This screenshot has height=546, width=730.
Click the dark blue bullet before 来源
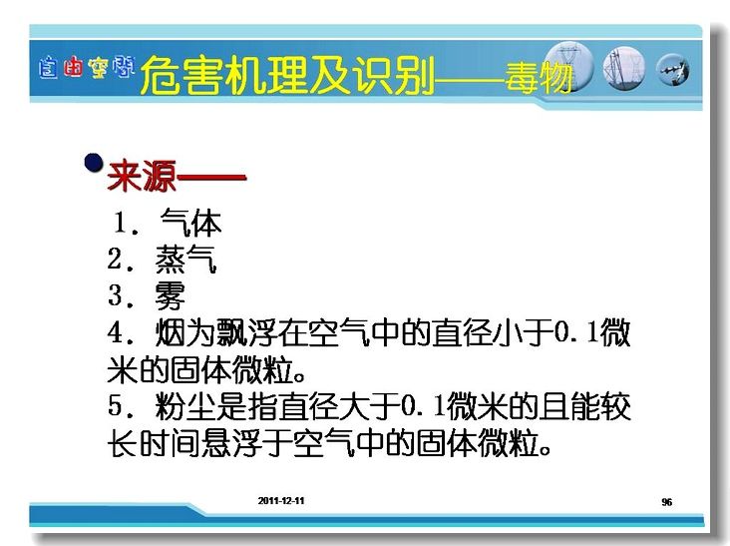94,163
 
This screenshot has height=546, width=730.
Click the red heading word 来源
142,176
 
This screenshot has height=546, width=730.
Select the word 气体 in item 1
190,223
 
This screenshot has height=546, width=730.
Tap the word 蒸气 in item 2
185,259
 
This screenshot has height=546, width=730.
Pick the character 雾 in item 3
171,295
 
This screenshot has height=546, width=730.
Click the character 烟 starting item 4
171,332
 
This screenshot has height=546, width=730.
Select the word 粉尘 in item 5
185,406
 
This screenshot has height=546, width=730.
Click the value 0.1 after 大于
424,405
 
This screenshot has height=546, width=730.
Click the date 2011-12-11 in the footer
281,501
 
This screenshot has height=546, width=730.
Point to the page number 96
667,502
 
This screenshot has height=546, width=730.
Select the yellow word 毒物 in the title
539,77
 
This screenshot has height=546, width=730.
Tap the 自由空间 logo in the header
87,68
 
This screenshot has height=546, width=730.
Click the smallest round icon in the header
673,70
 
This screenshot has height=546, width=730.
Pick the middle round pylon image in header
624,69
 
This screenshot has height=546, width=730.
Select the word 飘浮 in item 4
246,332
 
